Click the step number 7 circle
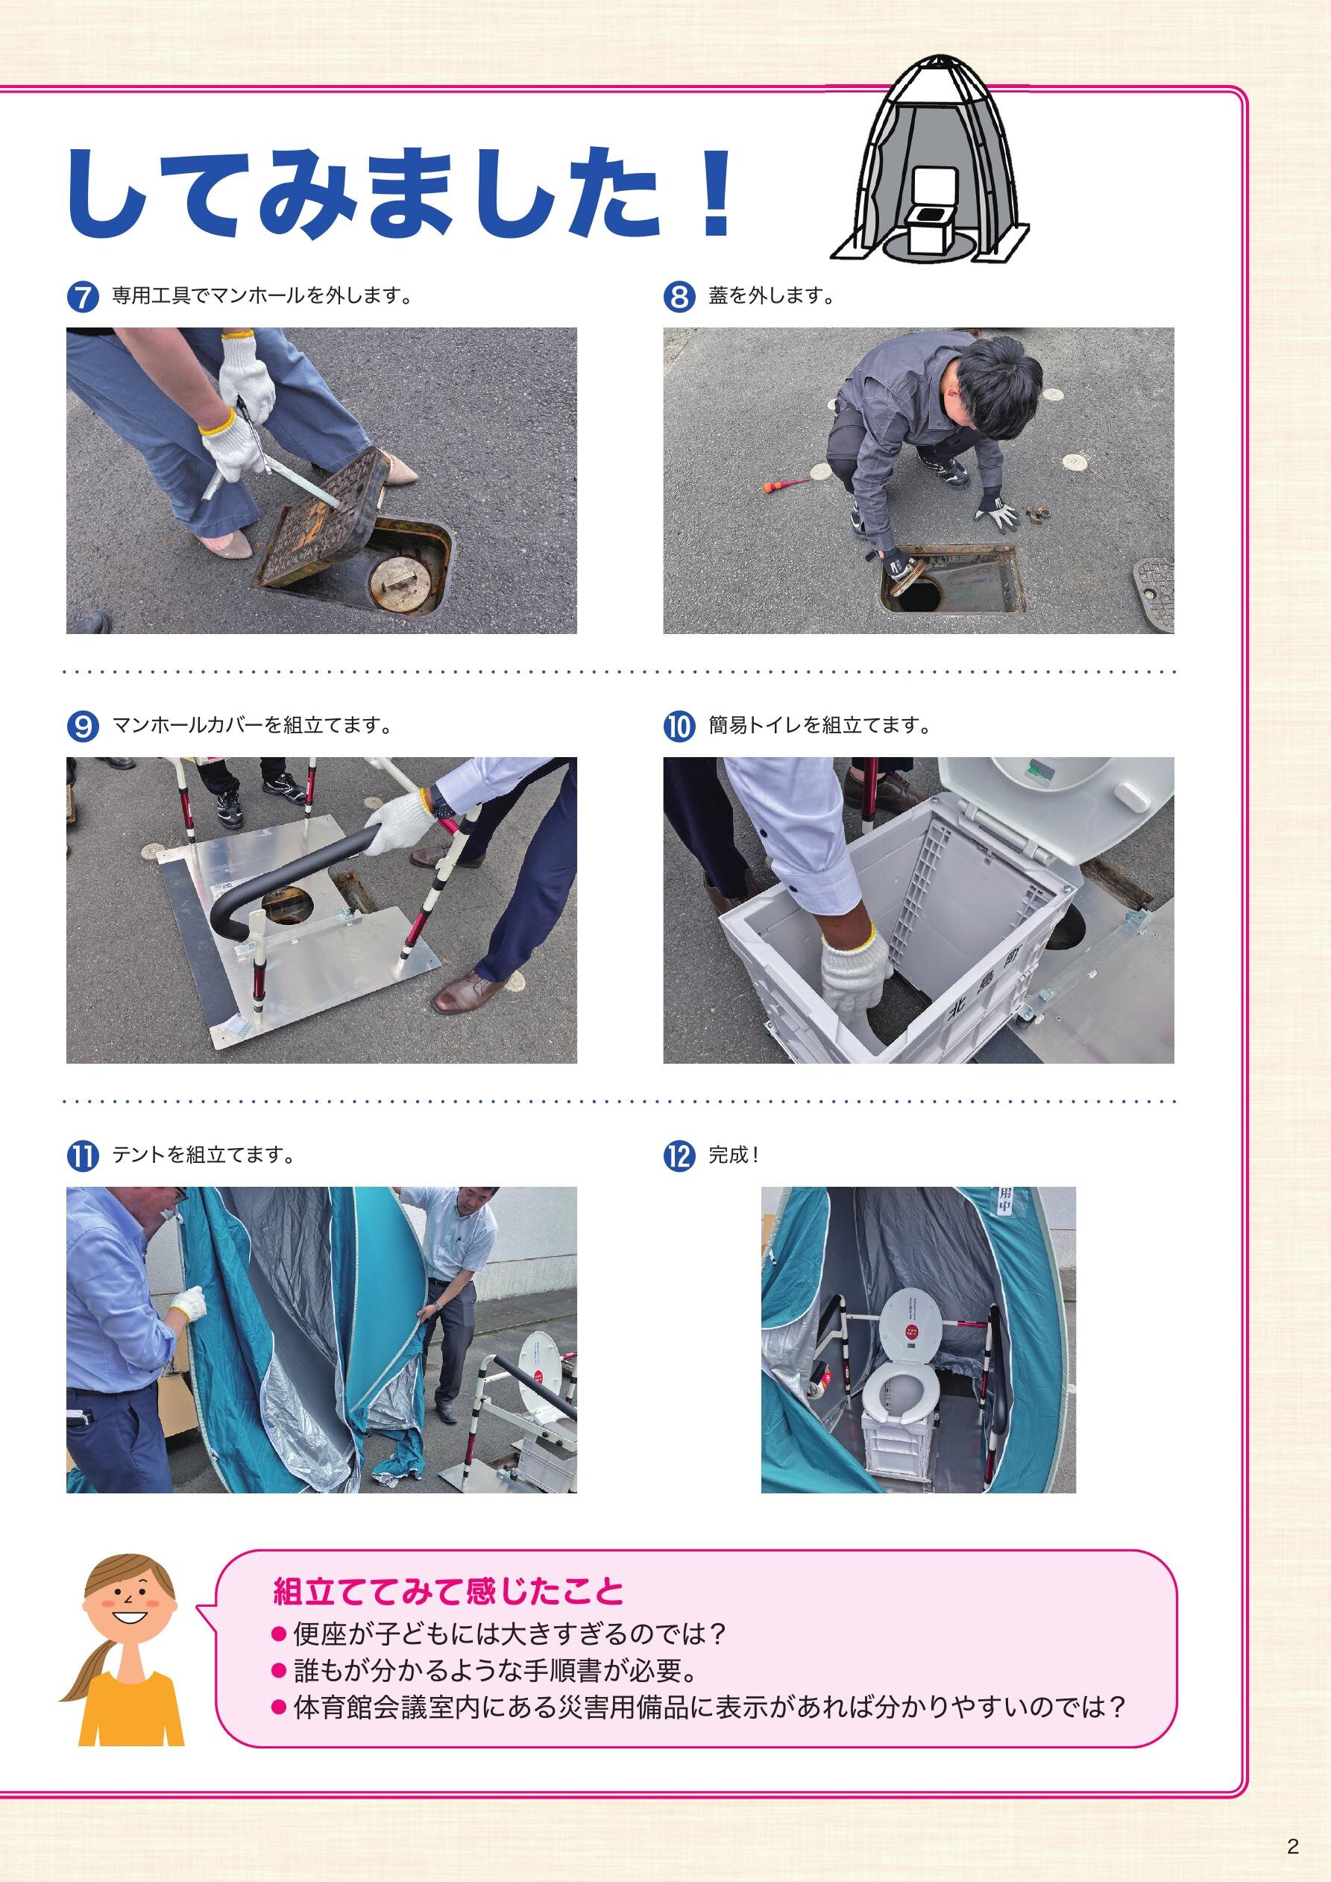coord(83,298)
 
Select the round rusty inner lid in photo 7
coord(400,581)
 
